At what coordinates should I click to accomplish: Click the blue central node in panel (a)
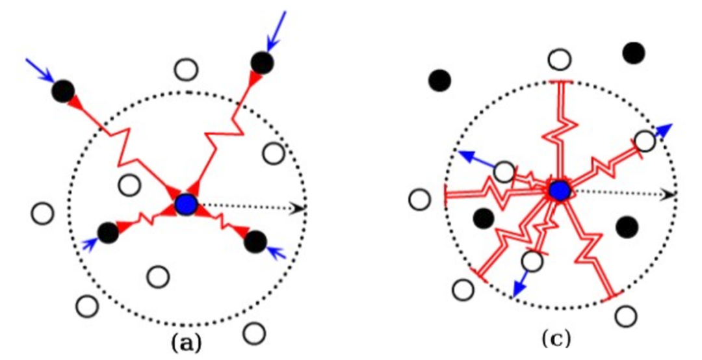click(187, 205)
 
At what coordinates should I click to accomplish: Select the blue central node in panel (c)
click(559, 190)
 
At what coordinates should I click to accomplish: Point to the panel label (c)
click(557, 337)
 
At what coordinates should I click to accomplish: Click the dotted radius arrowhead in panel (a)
click(300, 208)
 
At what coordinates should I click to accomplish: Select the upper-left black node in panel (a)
click(63, 92)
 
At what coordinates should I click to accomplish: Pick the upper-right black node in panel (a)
click(262, 62)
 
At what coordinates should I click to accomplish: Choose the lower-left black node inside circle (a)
click(108, 231)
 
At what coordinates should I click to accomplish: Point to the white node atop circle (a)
click(187, 68)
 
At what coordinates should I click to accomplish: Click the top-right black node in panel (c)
click(634, 53)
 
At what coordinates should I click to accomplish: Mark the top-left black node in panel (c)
click(440, 81)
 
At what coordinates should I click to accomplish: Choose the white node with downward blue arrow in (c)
click(532, 261)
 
